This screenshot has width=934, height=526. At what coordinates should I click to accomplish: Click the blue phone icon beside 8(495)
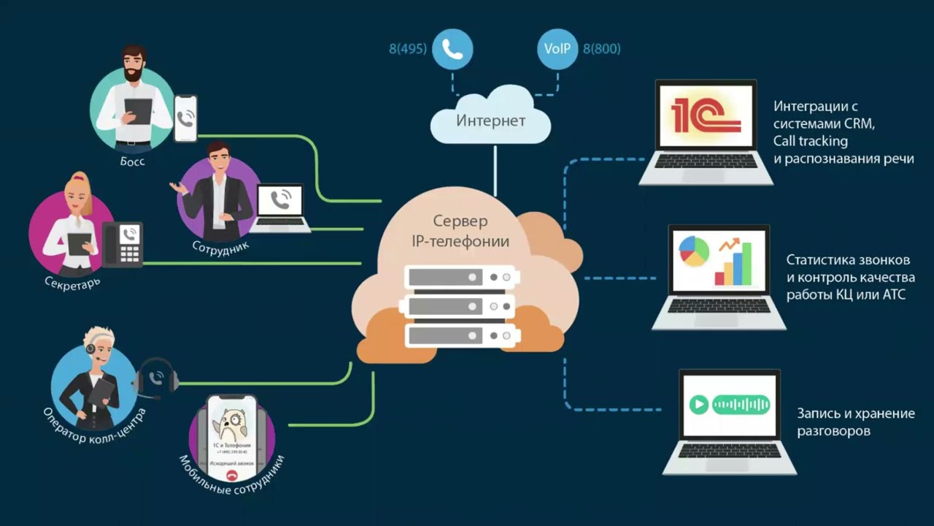452,50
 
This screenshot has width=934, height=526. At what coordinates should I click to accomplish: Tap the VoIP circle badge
557,50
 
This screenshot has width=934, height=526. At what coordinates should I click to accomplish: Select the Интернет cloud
490,120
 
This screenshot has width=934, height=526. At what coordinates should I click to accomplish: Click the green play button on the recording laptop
699,404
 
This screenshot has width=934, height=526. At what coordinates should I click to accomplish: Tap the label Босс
133,161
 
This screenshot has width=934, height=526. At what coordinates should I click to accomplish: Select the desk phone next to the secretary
123,244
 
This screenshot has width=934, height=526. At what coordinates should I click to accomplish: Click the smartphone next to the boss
185,118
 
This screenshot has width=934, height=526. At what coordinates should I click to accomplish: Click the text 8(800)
601,50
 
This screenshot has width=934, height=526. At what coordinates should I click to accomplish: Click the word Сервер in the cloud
460,221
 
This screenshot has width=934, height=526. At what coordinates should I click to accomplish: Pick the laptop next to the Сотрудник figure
281,208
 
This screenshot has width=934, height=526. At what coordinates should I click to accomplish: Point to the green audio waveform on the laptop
741,404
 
